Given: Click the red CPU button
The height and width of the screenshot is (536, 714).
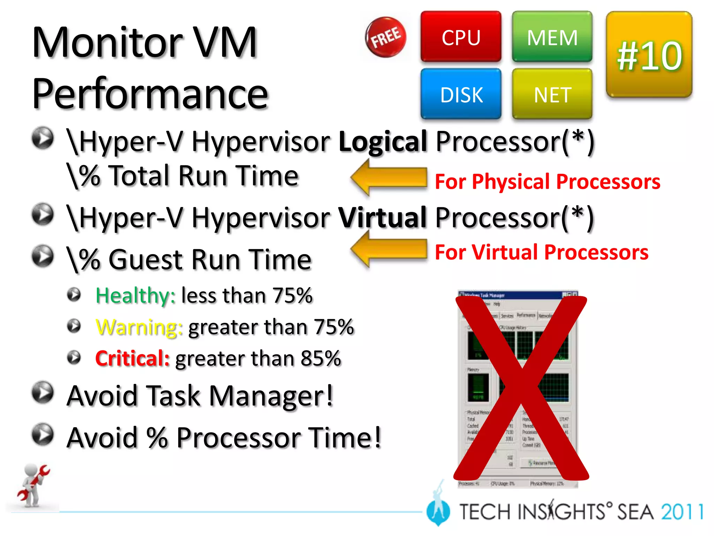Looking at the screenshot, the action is pos(461,37).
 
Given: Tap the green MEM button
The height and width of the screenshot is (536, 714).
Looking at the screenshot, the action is pos(552,37).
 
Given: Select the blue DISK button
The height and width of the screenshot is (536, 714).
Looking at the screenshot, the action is pos(461,94).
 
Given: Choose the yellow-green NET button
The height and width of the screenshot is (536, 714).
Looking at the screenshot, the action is pos(552,94).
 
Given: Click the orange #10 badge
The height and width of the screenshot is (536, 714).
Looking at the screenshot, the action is pos(649,55).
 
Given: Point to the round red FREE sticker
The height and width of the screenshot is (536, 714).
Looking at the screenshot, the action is pos(386,37).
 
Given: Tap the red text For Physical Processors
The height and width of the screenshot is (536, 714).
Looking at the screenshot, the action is pos(547,182).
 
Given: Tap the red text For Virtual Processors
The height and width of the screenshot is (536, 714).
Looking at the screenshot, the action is pos(541,252).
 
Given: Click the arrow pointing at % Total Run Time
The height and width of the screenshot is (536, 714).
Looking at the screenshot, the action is pos(388,178).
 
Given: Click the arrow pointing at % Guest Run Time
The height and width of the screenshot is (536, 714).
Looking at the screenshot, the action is pos(388,249).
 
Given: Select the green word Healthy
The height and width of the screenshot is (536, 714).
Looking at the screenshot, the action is pos(135,296).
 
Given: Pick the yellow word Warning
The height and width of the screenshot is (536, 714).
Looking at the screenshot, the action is pos(139,327).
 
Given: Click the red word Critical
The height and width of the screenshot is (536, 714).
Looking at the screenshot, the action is pos(132,358).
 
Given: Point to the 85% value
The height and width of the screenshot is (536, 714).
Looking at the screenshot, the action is pos(321,358).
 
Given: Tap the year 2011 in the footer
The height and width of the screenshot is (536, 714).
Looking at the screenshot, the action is pos(682,512).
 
